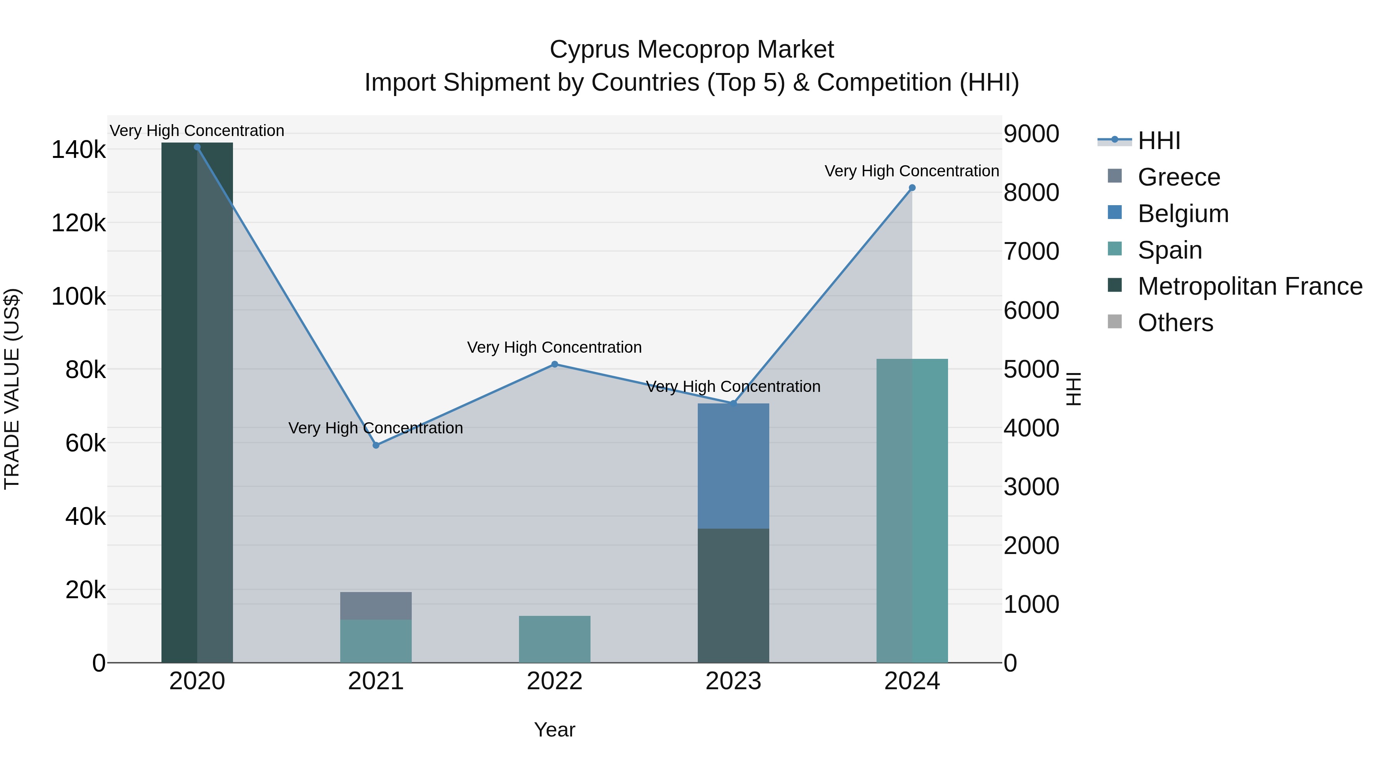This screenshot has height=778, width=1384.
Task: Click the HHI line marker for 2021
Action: (x=376, y=445)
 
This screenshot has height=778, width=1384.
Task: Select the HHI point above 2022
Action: (x=554, y=365)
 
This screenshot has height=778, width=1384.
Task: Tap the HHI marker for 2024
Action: (x=912, y=188)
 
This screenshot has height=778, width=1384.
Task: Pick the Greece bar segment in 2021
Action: (x=376, y=605)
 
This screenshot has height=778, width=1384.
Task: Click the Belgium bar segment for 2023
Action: (x=734, y=466)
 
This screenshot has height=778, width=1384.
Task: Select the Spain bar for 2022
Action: (x=554, y=639)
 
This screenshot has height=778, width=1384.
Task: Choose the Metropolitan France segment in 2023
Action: (x=734, y=596)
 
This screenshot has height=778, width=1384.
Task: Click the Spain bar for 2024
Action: (x=912, y=510)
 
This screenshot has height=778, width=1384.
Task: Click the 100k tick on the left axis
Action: (x=78, y=296)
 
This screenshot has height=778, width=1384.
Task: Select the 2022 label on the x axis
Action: (x=554, y=681)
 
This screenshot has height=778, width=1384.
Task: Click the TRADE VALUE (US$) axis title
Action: (x=12, y=389)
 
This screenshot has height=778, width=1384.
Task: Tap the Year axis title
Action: (x=554, y=730)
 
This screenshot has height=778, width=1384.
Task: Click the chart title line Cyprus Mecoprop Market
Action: (x=692, y=50)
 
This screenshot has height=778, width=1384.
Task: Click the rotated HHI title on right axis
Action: (x=1073, y=389)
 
